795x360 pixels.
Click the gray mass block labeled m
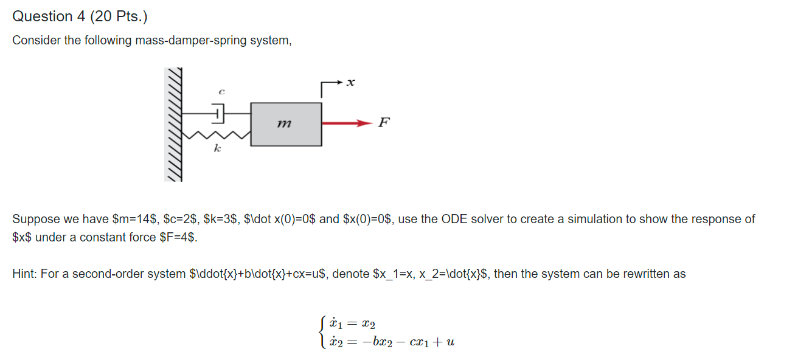(286, 124)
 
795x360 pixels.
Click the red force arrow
(347, 123)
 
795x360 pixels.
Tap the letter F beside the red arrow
(383, 123)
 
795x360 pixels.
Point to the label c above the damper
(221, 92)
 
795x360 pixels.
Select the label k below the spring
(217, 150)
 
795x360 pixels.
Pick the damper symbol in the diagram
(218, 112)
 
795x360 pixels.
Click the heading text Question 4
(49, 16)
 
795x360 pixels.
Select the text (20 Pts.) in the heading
(119, 16)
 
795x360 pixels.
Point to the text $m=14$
(135, 219)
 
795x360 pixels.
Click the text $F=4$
(178, 237)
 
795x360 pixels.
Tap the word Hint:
(24, 274)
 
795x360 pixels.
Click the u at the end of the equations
(450, 342)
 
